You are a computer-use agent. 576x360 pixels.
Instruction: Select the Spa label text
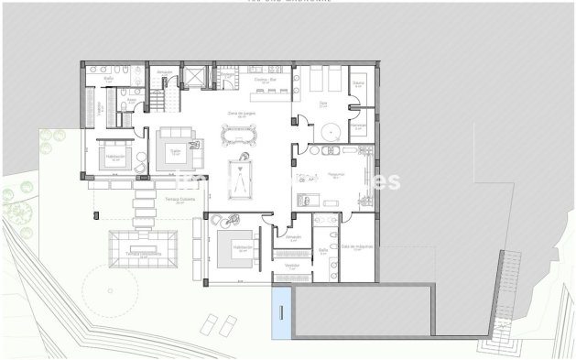(322, 104)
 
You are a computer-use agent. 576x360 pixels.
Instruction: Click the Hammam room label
(359, 125)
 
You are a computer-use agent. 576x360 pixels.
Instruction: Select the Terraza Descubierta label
(144, 255)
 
